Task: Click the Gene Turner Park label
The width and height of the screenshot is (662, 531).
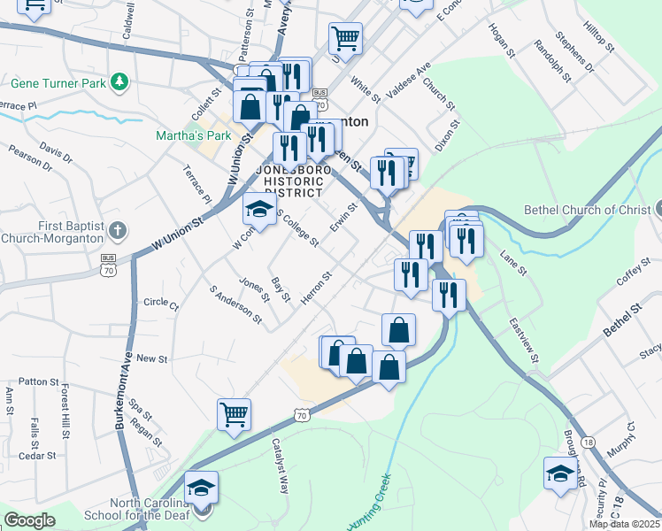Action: [x=58, y=84]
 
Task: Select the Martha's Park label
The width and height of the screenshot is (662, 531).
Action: [x=193, y=135]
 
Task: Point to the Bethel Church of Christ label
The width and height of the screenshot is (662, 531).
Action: [x=588, y=210]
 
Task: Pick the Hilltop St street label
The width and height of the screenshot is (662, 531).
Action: [x=599, y=36]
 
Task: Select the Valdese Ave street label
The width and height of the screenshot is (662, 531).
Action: [x=409, y=81]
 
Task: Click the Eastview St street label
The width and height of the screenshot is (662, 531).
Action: [x=523, y=343]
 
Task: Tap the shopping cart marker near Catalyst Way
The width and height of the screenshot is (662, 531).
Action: [x=234, y=414]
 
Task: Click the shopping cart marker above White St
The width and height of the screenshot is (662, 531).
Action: [x=345, y=38]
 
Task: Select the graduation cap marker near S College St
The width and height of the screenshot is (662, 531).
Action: [x=258, y=210]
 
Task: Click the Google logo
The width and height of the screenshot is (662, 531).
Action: [x=29, y=520]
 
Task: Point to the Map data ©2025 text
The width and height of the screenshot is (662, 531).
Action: [x=624, y=524]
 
